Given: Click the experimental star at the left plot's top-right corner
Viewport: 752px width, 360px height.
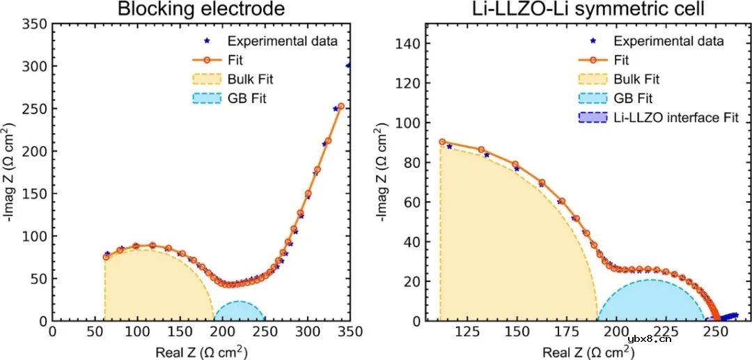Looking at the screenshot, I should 348,65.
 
